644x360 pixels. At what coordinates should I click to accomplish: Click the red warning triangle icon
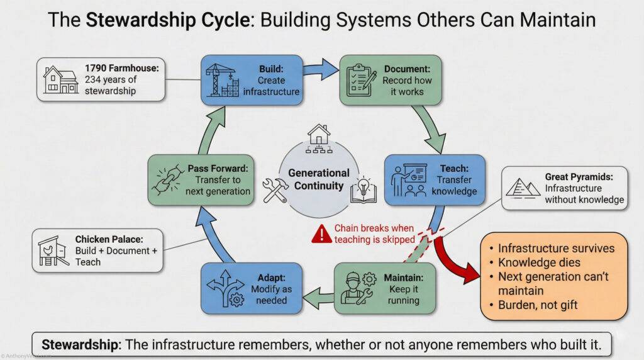pos(321,234)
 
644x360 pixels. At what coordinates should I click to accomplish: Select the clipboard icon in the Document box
pos(361,80)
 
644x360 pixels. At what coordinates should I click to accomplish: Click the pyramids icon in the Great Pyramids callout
pos(523,188)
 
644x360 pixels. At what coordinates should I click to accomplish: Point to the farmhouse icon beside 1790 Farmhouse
pos(60,79)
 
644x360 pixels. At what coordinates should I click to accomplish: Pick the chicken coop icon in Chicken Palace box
pos(53,250)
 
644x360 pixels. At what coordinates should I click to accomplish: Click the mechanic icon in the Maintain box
pos(358,288)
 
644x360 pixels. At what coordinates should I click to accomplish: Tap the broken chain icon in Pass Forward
pos(168,180)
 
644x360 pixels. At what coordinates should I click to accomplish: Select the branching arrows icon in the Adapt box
pos(226,288)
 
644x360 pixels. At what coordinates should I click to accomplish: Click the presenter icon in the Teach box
pos(409,180)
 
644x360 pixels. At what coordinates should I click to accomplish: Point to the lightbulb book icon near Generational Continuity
pos(363,190)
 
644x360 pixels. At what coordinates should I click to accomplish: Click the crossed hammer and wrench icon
pos(275,190)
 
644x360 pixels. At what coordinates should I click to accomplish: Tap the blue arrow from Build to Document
pos(321,69)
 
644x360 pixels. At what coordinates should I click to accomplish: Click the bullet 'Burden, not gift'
pos(533,305)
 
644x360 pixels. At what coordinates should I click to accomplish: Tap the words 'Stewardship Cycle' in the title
pos(167,20)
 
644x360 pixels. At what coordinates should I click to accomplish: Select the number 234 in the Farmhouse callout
pos(93,79)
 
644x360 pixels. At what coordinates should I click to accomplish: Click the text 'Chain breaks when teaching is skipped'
pos(374,234)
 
